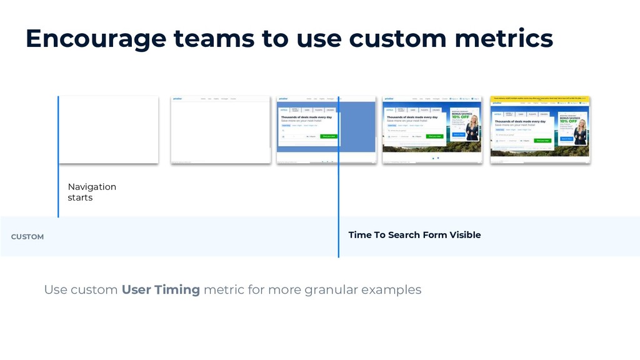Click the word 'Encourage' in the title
pyautogui.click(x=94, y=39)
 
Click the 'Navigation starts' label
pyautogui.click(x=91, y=192)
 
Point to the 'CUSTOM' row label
pyautogui.click(x=27, y=237)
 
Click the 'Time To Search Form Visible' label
pyautogui.click(x=414, y=235)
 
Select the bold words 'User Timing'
pyautogui.click(x=161, y=290)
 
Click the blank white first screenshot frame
pyautogui.click(x=108, y=129)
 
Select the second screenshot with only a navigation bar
pyautogui.click(x=221, y=129)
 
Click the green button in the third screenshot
pyautogui.click(x=328, y=136)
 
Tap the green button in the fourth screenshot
pyautogui.click(x=434, y=136)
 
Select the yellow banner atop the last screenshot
pyautogui.click(x=540, y=98)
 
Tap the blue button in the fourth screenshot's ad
pyautogui.click(x=458, y=134)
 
